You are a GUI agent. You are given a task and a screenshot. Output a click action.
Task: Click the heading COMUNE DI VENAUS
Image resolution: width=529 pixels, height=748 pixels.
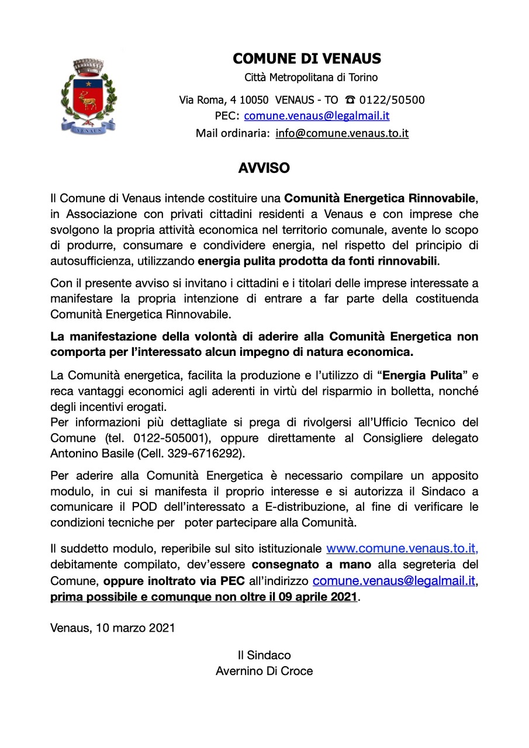pos(307,58)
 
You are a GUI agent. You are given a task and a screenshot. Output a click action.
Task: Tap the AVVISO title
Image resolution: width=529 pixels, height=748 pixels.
pos(264,168)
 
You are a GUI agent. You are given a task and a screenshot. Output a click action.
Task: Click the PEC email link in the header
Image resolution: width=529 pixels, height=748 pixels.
pos(316,116)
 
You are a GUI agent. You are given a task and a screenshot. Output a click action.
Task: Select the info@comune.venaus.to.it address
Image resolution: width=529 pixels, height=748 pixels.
pos(342,133)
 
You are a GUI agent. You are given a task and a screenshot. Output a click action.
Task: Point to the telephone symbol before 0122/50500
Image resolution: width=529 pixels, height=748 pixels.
pos(350,99)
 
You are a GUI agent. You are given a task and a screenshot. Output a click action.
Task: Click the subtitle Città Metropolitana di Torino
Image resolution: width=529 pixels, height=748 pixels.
pos(310,77)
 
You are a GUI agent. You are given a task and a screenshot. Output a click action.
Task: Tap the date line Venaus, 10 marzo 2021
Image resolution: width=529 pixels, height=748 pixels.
pos(112,628)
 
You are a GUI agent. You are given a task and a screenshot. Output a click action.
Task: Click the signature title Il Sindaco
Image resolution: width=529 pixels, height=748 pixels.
pos(264,655)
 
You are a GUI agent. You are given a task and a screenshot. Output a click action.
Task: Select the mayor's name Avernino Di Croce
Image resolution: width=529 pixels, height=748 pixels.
pos(264,671)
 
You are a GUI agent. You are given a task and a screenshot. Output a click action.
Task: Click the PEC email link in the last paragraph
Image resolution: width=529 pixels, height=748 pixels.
pos(393,581)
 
